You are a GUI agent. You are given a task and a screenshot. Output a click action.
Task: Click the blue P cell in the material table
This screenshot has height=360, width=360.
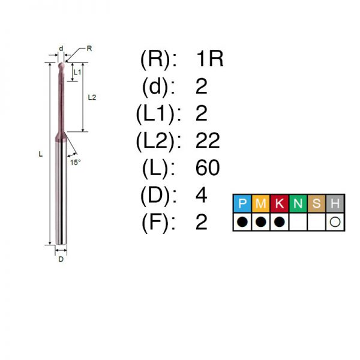coord(242,203)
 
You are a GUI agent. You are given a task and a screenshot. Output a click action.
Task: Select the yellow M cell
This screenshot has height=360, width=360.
coord(261,203)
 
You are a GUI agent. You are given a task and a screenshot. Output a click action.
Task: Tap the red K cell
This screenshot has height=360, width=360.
coord(280,203)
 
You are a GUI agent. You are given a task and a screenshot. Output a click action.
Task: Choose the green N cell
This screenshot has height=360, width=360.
coord(298,203)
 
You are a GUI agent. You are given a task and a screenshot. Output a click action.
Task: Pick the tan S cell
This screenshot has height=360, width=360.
coord(316,203)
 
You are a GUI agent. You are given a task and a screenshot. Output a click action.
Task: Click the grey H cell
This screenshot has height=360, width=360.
coord(335,203)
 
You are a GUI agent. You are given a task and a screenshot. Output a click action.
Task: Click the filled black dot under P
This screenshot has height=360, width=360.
coord(242,222)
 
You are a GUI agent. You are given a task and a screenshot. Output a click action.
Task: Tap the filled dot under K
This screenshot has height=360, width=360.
coord(280,222)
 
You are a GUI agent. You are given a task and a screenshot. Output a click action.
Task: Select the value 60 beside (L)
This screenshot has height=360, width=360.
coord(208,168)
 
